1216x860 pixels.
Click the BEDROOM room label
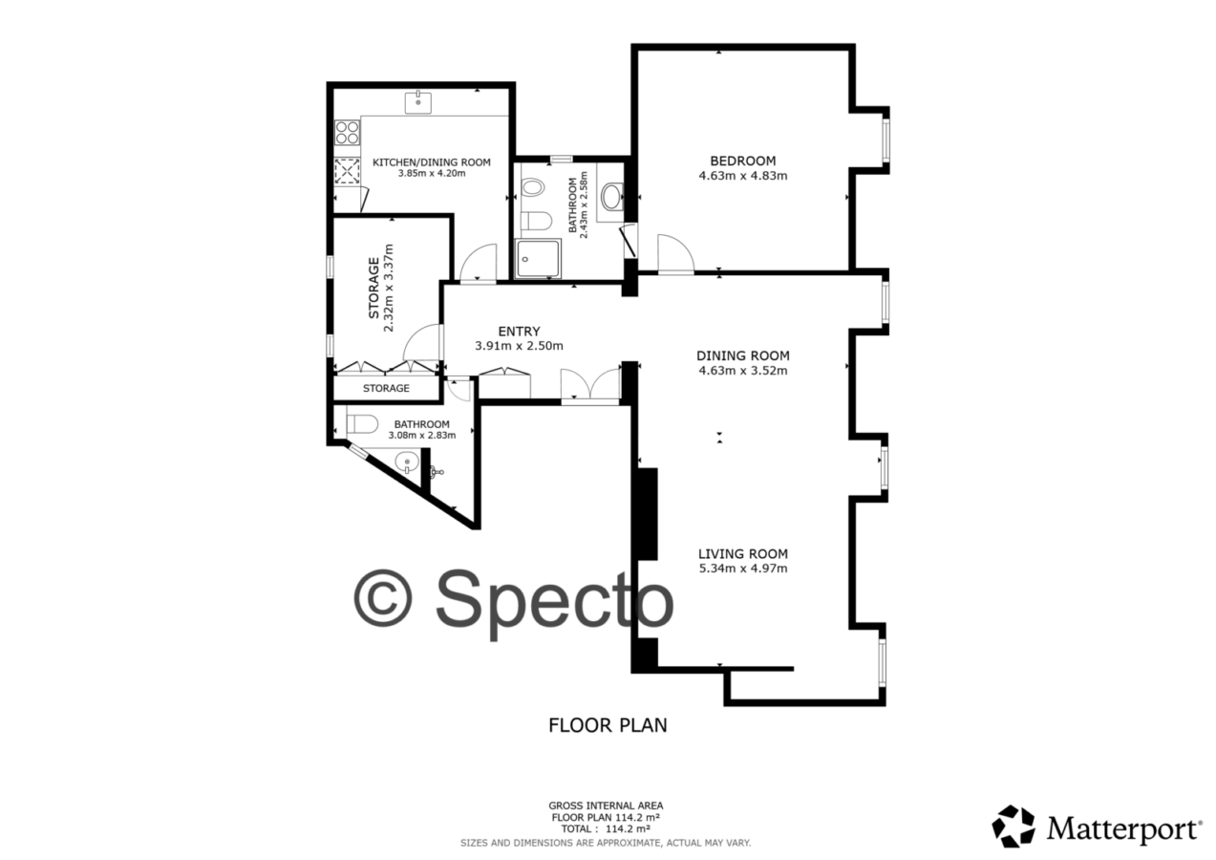click(742, 161)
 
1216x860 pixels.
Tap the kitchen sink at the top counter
click(418, 102)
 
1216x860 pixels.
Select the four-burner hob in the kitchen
click(348, 133)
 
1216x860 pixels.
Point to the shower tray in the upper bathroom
click(539, 258)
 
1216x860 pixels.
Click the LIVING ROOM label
click(742, 554)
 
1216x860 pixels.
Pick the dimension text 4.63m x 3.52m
click(742, 371)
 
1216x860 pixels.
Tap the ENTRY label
click(519, 332)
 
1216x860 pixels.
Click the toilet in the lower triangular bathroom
click(362, 423)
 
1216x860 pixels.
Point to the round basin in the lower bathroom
click(407, 463)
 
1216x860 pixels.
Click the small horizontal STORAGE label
click(386, 388)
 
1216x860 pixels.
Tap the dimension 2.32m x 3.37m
click(388, 288)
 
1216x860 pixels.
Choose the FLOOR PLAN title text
click(608, 725)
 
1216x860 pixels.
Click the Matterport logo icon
click(1013, 827)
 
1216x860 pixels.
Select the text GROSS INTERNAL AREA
click(606, 806)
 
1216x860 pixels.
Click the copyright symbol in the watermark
click(383, 599)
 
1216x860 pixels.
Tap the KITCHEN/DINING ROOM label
click(432, 161)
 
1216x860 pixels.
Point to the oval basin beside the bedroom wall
click(611, 197)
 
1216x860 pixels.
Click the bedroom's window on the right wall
click(885, 140)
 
